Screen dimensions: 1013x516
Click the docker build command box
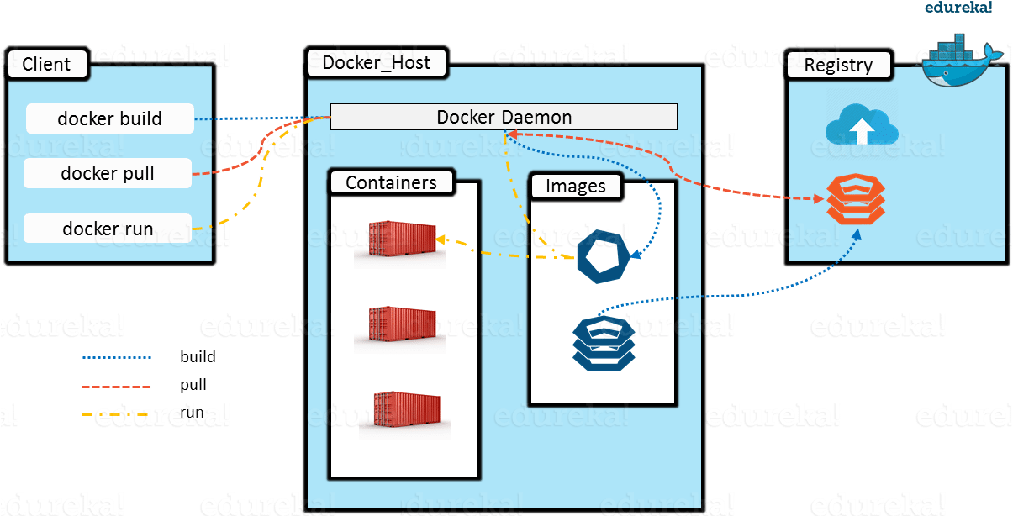coord(110,118)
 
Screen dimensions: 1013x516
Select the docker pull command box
coord(108,173)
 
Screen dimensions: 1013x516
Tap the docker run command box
coord(108,229)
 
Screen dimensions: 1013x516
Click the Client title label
coord(47,64)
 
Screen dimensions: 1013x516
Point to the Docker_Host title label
coord(377,62)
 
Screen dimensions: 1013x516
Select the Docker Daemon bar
coord(504,117)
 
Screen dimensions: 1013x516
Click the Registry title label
coord(839,65)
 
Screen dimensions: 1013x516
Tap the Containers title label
coord(392,182)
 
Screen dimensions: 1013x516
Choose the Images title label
coord(576,187)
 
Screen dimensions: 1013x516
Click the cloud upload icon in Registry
coord(862,124)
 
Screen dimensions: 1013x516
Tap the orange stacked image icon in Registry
coord(856,199)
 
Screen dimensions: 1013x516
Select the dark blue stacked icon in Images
coord(604,344)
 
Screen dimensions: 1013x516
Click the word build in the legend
coord(198,357)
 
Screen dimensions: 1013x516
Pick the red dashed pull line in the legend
coord(116,387)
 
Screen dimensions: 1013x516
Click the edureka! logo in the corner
coord(958,8)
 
